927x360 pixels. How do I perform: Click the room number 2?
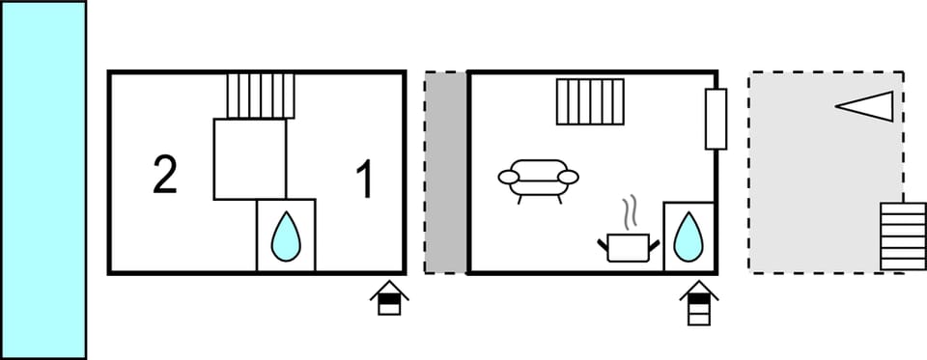(x=165, y=176)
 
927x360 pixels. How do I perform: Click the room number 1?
(x=364, y=180)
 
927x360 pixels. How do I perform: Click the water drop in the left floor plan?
(x=285, y=235)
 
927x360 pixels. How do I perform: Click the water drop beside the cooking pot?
(x=688, y=235)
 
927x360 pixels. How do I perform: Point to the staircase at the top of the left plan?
(x=261, y=96)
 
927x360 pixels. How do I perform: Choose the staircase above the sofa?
(x=590, y=101)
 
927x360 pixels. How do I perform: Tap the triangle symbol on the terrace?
(x=866, y=105)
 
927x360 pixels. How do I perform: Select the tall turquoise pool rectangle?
(x=43, y=180)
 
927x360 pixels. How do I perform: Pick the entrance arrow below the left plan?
(x=388, y=298)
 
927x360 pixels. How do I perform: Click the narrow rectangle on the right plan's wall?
(x=716, y=119)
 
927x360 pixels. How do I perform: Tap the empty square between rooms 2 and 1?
(x=249, y=159)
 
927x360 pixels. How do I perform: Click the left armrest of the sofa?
(x=509, y=177)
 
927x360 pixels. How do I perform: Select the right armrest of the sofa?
(x=568, y=177)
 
